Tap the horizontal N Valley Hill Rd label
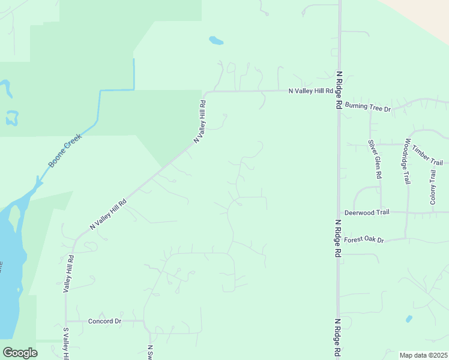point(310,91)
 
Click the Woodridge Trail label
point(407,161)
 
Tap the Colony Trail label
point(433,187)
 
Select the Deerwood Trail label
point(367,212)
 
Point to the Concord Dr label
point(105,321)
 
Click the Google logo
point(20,352)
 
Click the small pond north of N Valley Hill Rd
point(216,41)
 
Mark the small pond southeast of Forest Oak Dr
point(409,319)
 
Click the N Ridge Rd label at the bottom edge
point(339,337)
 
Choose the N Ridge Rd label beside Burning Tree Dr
point(339,90)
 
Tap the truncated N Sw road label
point(150,352)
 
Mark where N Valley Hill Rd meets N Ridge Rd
point(339,91)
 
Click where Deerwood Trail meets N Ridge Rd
point(339,212)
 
